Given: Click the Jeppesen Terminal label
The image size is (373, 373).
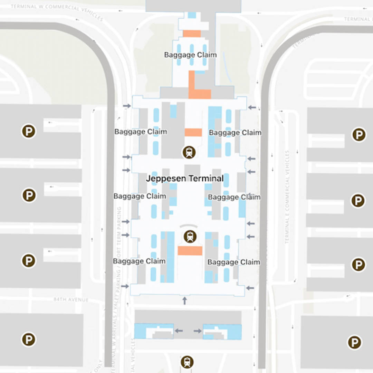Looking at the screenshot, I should point(185,179).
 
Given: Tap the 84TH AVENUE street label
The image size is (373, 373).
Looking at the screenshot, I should point(71,299).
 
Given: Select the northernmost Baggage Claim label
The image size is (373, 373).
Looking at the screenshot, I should point(190,55).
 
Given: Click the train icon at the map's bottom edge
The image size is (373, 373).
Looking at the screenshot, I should point(187,362).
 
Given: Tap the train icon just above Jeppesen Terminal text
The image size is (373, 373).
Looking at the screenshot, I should point(189,152).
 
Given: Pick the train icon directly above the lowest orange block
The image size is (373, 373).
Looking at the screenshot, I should point(190,236).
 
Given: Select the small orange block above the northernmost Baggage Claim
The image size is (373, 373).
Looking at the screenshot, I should point(192,34).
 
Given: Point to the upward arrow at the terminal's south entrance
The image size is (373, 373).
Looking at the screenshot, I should point(184,300).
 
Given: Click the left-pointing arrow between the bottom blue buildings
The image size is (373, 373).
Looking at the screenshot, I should point(179,331).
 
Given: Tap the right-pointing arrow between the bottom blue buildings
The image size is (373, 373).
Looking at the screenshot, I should point(198,331).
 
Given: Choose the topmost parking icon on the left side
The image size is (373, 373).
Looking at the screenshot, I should point(29,132).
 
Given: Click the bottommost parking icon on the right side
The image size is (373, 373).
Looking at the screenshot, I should point(354,342).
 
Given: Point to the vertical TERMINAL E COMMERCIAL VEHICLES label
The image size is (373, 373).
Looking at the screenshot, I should point(287,197).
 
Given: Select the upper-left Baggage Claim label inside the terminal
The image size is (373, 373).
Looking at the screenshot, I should point(141,132).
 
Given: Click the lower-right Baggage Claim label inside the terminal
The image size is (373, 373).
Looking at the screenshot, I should point(233,262).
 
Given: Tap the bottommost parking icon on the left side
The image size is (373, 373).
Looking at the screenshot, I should point(29,339).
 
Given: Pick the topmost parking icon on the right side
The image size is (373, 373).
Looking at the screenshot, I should point(359,135).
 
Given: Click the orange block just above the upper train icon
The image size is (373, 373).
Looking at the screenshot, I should point(193,132).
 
